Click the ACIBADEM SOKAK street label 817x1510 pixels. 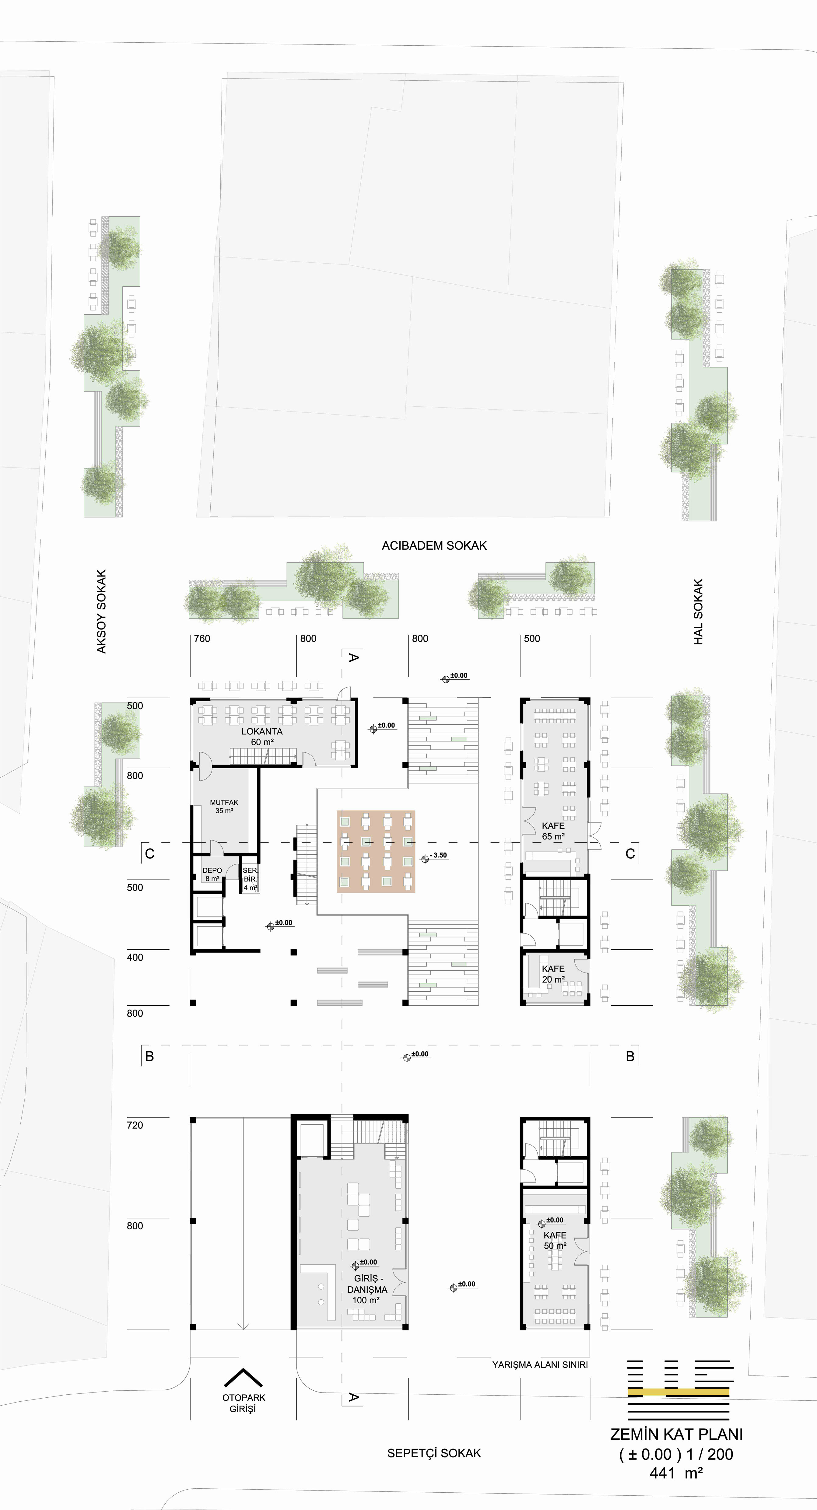[x=434, y=546]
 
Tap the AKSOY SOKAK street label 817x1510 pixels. [x=101, y=611]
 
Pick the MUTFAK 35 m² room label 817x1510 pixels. [x=224, y=807]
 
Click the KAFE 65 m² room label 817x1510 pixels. [x=554, y=831]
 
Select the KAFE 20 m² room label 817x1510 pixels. [x=553, y=974]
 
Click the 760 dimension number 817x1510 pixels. [x=202, y=639]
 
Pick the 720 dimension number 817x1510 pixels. [x=135, y=1126]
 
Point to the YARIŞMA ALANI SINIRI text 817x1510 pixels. [x=540, y=1365]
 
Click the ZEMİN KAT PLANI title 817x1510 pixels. [x=676, y=1435]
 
